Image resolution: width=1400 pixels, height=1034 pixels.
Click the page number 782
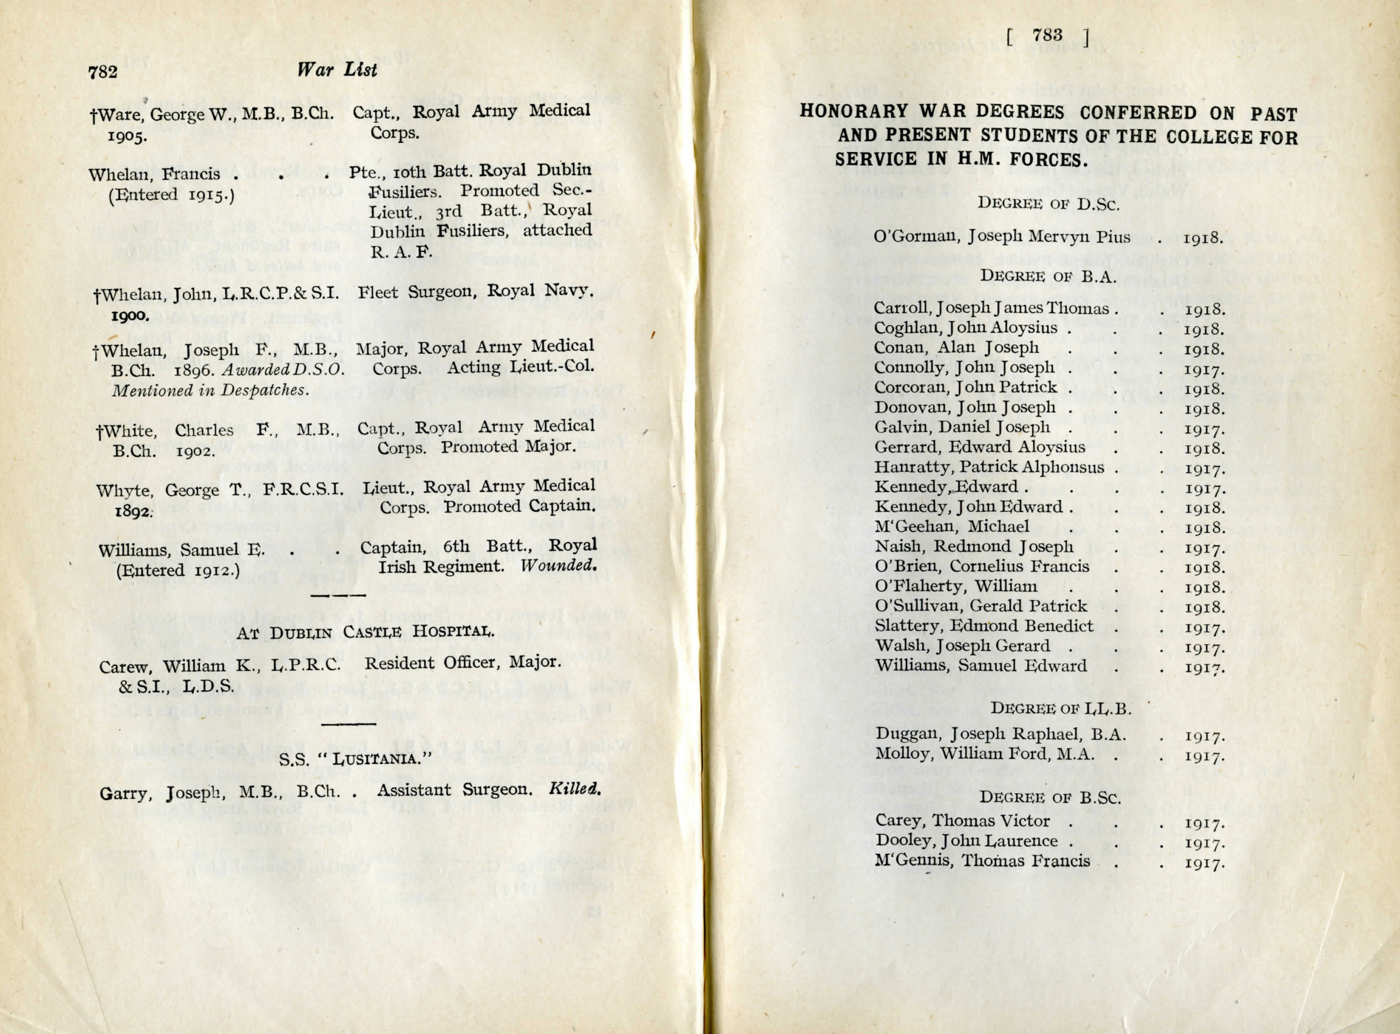point(103,72)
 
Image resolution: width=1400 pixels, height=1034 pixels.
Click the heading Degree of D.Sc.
point(1048,203)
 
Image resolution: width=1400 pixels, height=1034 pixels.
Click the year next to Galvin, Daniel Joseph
point(1204,430)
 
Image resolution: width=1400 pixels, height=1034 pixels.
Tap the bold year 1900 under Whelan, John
point(130,315)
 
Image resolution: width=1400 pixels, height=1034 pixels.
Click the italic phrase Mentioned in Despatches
point(210,390)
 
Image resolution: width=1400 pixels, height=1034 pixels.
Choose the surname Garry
point(125,794)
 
